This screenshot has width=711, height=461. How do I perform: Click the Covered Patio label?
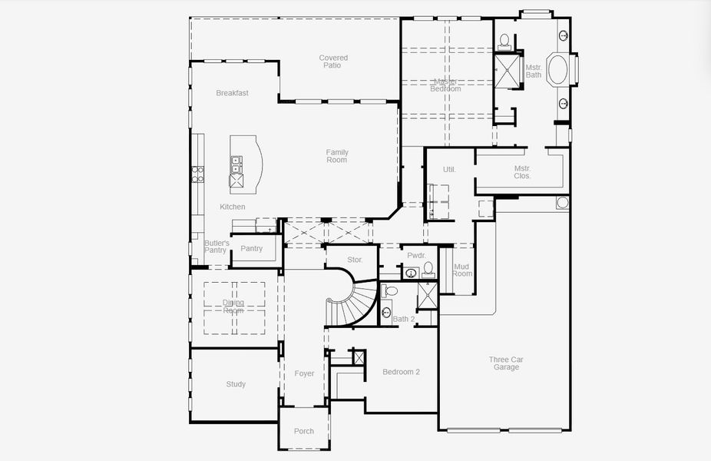tap(333, 61)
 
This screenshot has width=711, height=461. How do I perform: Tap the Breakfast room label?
tap(232, 93)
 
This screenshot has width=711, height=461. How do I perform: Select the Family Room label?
tap(336, 156)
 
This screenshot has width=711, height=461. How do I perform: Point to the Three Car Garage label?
tap(506, 363)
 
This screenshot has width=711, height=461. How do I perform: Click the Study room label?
tap(236, 384)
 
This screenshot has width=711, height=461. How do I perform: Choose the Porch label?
tap(304, 431)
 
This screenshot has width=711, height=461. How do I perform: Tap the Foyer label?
tap(304, 373)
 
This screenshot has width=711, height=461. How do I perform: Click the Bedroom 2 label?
tap(401, 373)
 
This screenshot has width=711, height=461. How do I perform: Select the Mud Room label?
tap(462, 270)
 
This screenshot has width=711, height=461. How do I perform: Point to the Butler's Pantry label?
tap(216, 247)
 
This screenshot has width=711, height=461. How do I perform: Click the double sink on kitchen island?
tap(236, 163)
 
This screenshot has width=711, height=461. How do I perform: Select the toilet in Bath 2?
tap(389, 291)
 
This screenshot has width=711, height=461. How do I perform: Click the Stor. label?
tap(354, 260)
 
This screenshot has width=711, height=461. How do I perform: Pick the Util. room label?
tap(449, 169)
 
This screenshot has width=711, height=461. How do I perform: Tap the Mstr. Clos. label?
tap(522, 172)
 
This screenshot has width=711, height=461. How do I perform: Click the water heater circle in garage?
tap(563, 203)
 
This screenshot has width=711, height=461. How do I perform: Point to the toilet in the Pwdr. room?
tap(428, 269)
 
